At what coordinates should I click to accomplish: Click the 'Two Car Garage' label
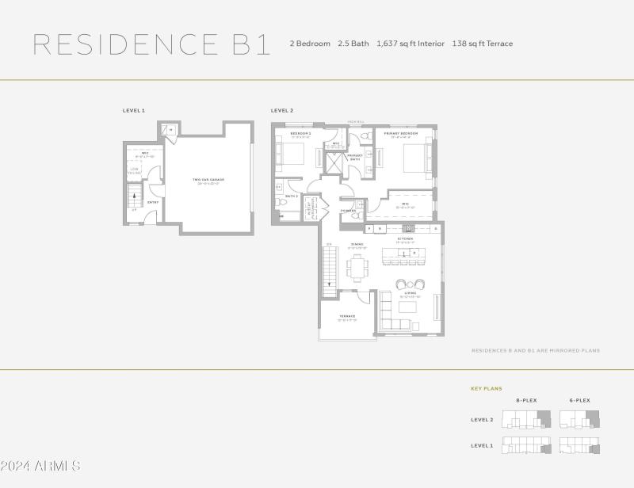pos(208,180)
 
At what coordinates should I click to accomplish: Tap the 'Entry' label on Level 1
pos(153,202)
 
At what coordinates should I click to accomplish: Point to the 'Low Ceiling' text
pos(136,170)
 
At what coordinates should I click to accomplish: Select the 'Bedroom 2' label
pos(300,133)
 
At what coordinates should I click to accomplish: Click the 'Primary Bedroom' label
pos(400,133)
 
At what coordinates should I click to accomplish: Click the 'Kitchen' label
pos(405,238)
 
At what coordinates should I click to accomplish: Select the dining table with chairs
pos(357,266)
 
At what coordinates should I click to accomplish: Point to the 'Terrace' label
pos(347,316)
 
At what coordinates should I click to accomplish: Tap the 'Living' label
pos(411,294)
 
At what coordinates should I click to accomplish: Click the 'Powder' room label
pos(348,211)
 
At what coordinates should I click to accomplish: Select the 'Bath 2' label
pos(291,196)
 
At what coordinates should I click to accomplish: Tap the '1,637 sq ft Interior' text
pos(411,44)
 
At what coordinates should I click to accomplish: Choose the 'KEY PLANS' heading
pos(487,389)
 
